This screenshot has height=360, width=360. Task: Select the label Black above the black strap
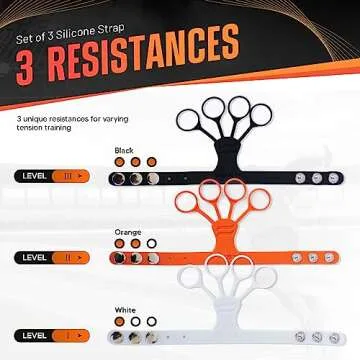click(124, 150)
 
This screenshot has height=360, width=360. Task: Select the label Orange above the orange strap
click(127, 231)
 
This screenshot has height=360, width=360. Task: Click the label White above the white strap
click(126, 309)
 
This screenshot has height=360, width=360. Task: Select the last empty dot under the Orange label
click(151, 242)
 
